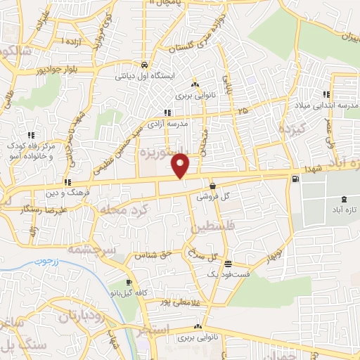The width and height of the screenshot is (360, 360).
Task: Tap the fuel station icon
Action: (x=293, y=179)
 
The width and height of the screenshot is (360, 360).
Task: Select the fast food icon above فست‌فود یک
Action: (x=228, y=264)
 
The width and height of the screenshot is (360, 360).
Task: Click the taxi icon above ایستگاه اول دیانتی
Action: (x=143, y=62)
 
